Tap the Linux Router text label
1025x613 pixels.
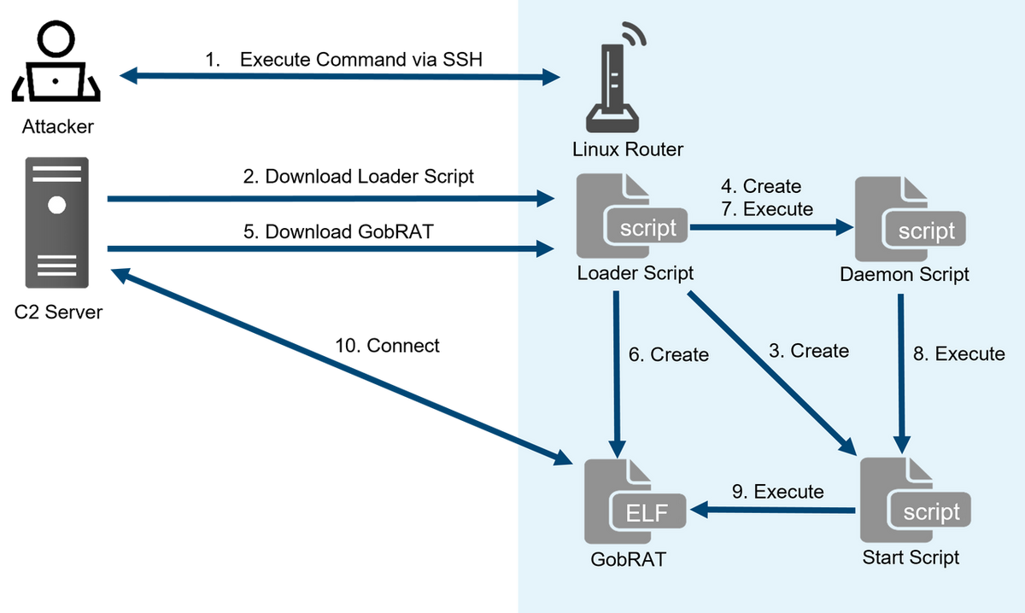pyautogui.click(x=628, y=150)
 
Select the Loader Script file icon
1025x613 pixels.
pyautogui.click(x=633, y=217)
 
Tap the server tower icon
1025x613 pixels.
pyautogui.click(x=57, y=223)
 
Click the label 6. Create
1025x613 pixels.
pyautogui.click(x=669, y=354)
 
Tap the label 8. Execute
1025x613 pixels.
pyautogui.click(x=958, y=353)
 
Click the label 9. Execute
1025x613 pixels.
pyautogui.click(x=777, y=492)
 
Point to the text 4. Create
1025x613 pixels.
pyautogui.click(x=760, y=186)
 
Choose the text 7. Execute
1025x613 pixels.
pyautogui.click(x=766, y=208)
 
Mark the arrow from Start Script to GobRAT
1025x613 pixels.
pyautogui.click(x=774, y=511)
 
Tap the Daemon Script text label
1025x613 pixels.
pyautogui.click(x=905, y=275)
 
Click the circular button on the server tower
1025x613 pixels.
pyautogui.click(x=57, y=205)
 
